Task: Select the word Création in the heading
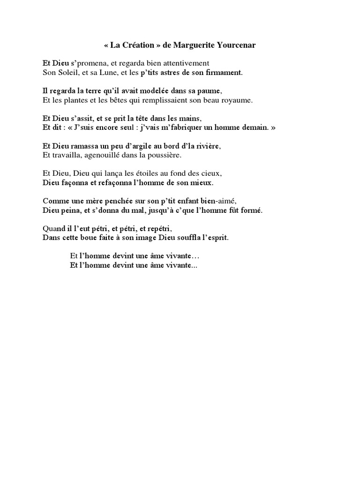point(137,45)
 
